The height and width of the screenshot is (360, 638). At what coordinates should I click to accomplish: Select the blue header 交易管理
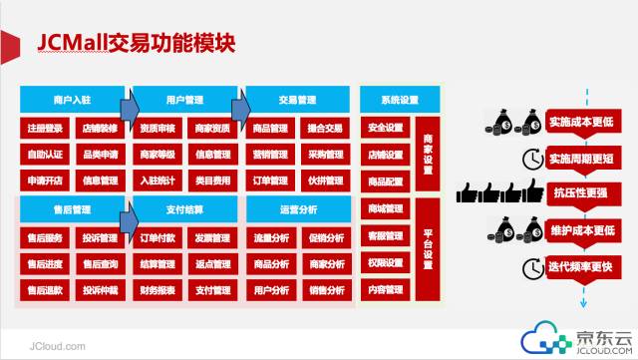(x=296, y=100)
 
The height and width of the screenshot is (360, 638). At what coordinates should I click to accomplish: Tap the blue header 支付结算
(x=183, y=209)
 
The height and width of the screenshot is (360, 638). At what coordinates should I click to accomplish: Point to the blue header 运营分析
(x=296, y=209)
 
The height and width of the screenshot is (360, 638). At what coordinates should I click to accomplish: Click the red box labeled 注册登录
(x=45, y=128)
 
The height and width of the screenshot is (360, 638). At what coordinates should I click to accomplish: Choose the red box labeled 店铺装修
(x=100, y=128)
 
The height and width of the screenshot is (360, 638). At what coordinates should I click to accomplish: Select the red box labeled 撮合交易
(x=325, y=128)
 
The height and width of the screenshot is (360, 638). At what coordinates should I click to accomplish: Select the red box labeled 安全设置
(x=386, y=128)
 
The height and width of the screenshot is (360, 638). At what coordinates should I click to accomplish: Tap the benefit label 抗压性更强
(x=576, y=192)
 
